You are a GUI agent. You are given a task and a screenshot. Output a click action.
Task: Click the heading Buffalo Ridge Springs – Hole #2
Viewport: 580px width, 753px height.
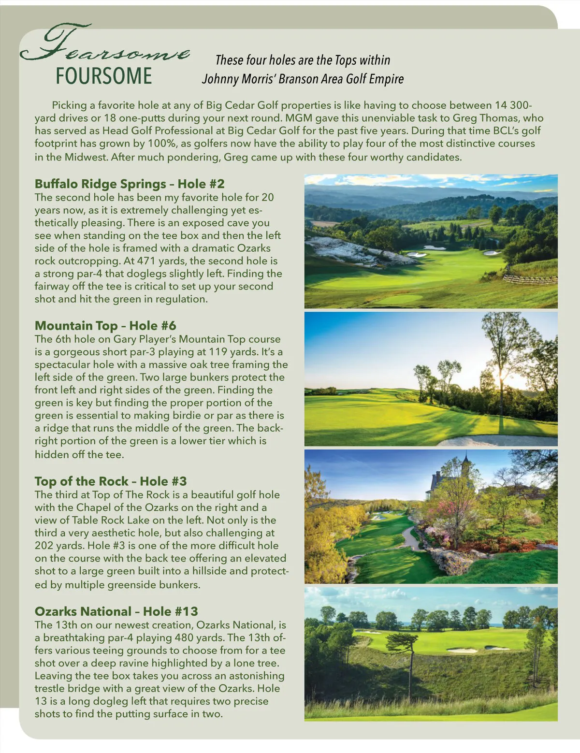click(x=130, y=184)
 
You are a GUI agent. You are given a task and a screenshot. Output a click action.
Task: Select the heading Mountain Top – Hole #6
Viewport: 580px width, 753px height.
click(x=105, y=326)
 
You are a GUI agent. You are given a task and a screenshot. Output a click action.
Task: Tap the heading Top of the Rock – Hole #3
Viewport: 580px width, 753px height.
click(x=110, y=481)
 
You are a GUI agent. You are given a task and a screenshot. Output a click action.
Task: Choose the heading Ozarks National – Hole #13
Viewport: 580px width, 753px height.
click(x=116, y=611)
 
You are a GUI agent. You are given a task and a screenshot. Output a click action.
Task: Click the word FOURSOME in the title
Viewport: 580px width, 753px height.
click(x=103, y=76)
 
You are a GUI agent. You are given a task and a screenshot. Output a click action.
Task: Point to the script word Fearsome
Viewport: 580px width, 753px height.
click(x=104, y=46)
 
